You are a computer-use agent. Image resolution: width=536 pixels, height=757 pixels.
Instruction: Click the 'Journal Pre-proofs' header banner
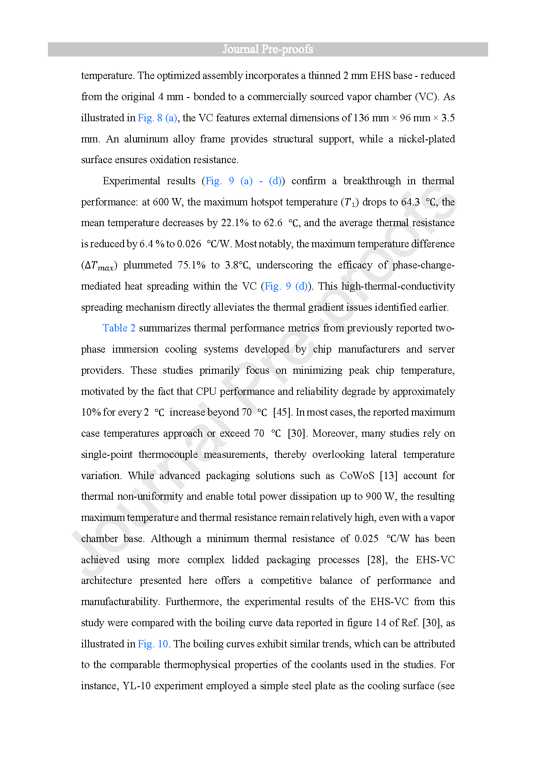[268, 49]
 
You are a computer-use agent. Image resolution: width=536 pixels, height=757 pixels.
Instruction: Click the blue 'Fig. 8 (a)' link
[157, 118]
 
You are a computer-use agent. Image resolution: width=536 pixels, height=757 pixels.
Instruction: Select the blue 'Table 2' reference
[119, 328]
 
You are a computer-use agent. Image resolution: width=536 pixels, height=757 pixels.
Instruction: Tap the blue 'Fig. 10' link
[153, 644]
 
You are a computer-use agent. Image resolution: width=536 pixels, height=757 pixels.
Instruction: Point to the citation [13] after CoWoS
[388, 476]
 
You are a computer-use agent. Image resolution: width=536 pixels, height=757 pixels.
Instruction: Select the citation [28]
[376, 560]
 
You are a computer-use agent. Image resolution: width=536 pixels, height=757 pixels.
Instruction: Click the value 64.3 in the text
[410, 202]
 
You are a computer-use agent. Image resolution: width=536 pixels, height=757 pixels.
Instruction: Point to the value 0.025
[366, 539]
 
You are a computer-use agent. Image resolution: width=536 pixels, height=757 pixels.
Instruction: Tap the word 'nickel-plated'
[426, 139]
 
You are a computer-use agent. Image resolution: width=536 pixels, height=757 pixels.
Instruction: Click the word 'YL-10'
[136, 686]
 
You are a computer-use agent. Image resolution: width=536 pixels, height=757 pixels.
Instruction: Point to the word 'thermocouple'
[168, 454]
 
